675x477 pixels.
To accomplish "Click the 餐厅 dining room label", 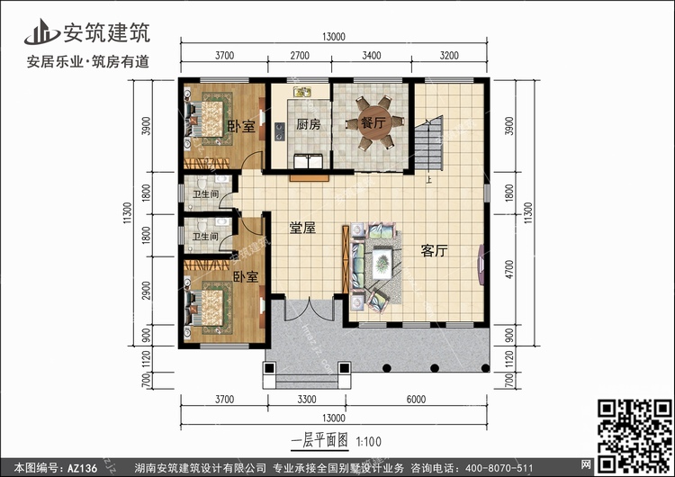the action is coord(373,122).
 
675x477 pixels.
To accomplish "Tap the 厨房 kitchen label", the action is coord(308,124).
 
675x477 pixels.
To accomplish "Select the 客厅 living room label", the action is coord(434,250).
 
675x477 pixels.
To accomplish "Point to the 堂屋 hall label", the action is coord(302,228).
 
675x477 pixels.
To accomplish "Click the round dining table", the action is coord(373,122).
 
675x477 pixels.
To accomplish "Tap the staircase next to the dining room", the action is coord(428,143).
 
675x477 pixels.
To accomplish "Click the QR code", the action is coord(634,436).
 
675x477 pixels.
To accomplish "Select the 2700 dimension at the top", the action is coord(299,56).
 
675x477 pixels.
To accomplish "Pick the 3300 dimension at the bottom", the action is coord(307,400).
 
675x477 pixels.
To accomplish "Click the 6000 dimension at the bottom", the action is coord(416,400).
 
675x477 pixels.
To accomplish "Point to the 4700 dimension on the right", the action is coord(509,269).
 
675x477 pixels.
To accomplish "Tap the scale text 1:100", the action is coord(369,441).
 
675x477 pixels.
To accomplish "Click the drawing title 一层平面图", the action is coord(319,441).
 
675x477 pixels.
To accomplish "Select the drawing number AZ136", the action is coord(82,468).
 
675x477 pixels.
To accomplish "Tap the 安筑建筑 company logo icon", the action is coord(41,31).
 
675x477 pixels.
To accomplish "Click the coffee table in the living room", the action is coord(382,262).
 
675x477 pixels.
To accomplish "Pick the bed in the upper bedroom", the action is coord(205,119).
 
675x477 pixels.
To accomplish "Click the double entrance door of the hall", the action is coord(310,309).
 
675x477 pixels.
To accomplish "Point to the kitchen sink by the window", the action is coord(302,92).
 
